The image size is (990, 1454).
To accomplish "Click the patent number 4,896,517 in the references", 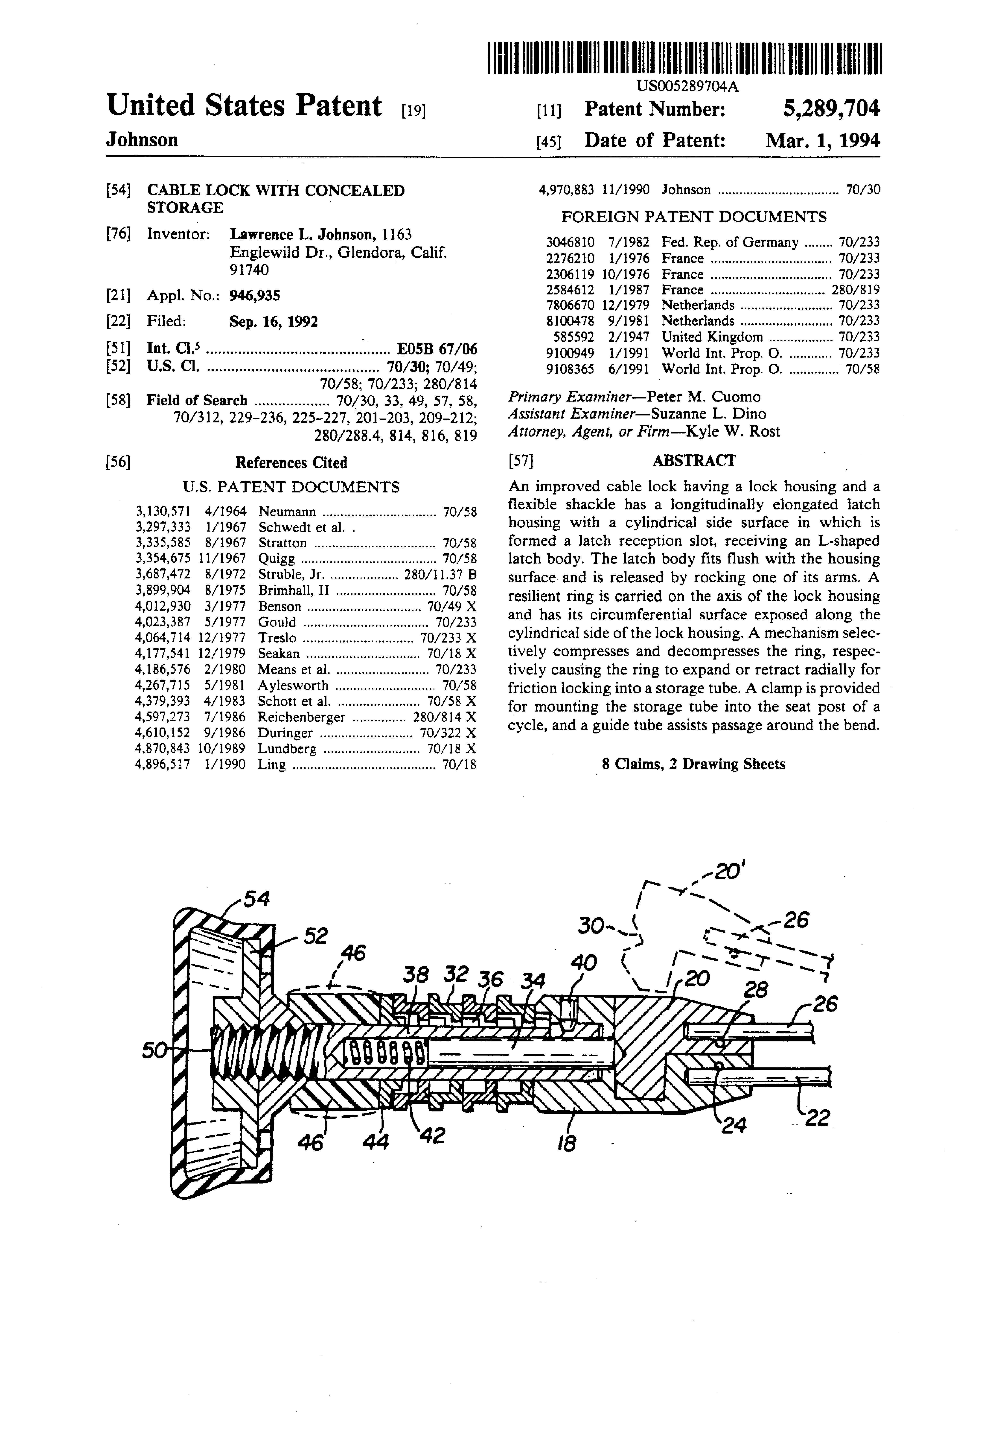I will pyautogui.click(x=163, y=765).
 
